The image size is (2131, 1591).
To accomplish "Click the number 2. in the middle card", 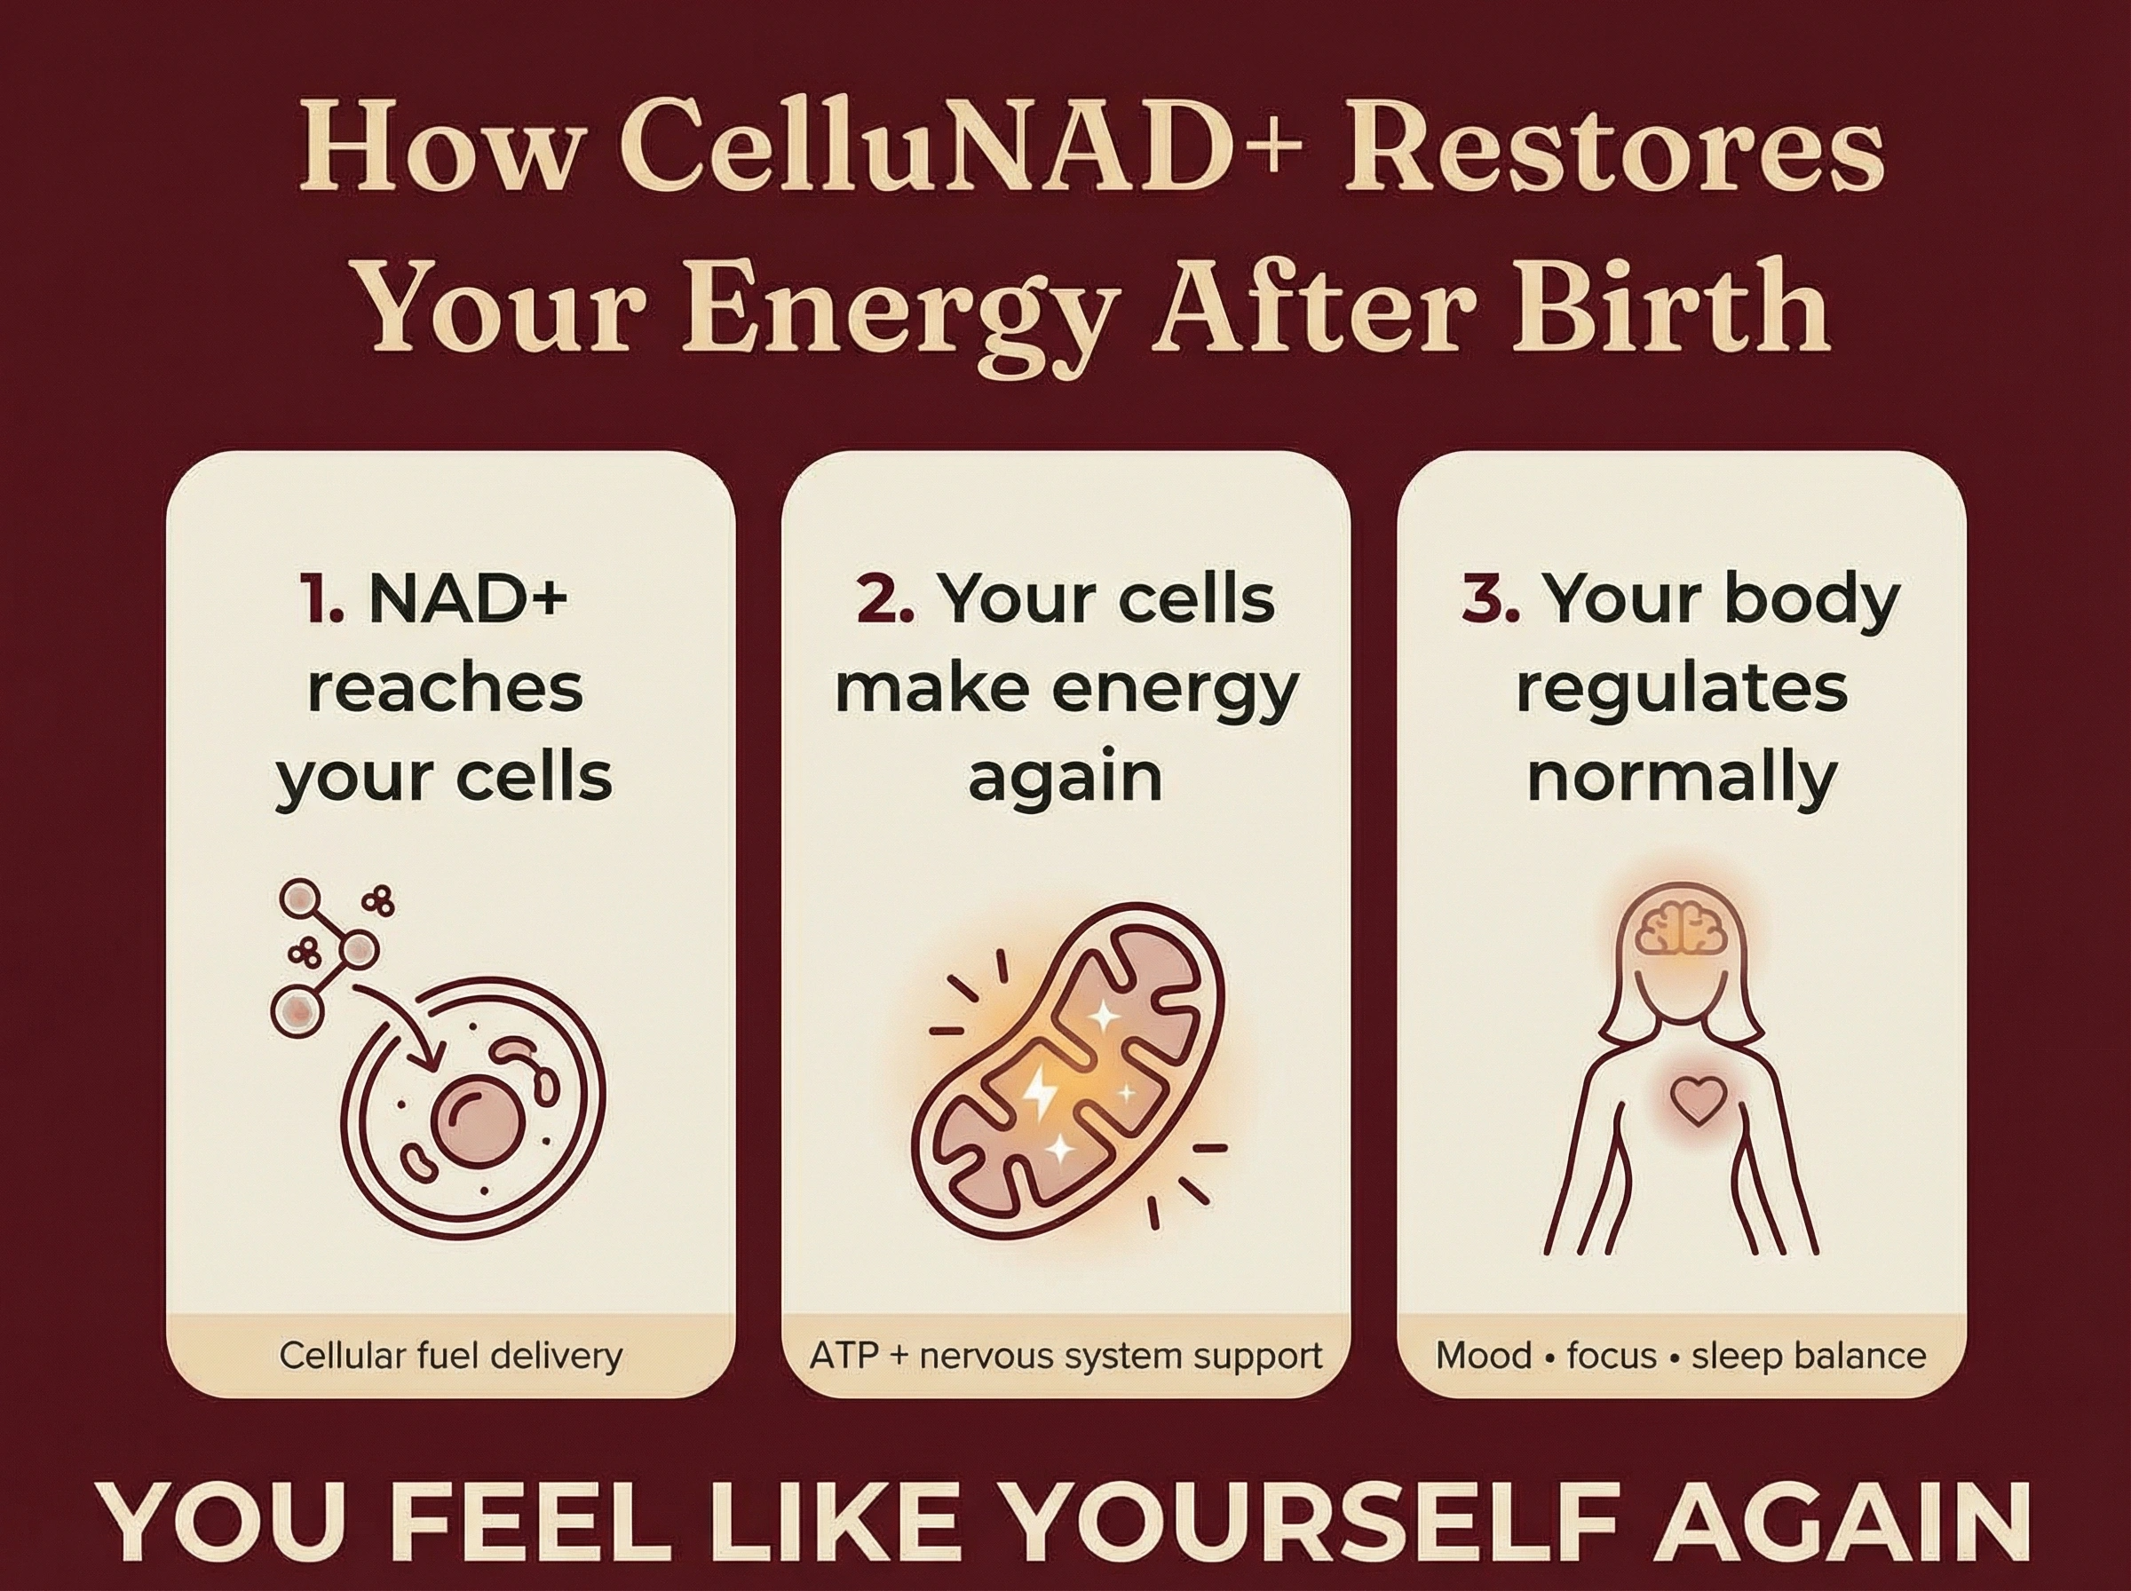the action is pos(884,599).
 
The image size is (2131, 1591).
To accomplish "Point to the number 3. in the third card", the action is pos(1491,599).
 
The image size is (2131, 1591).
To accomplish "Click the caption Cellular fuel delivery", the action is pos(451,1356).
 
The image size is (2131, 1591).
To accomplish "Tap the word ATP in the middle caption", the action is pos(844,1356).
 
